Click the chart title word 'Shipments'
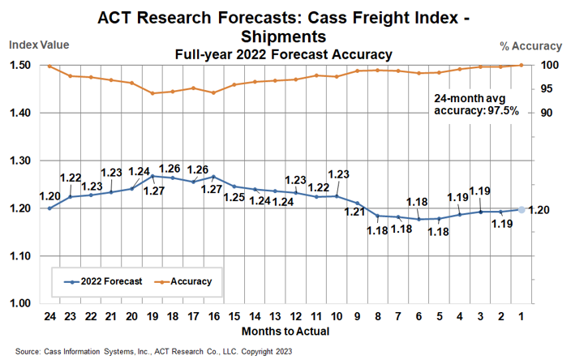tap(284, 36)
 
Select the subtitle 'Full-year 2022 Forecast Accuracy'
tap(284, 54)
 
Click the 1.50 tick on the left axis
tap(19, 66)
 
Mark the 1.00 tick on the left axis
tap(19, 303)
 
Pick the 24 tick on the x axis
tap(49, 316)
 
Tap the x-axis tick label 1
tap(520, 316)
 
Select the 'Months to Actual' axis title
tap(284, 332)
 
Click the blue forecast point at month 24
tap(49, 208)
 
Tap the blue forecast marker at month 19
tap(152, 176)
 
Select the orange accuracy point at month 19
tap(152, 93)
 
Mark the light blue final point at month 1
tap(521, 209)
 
